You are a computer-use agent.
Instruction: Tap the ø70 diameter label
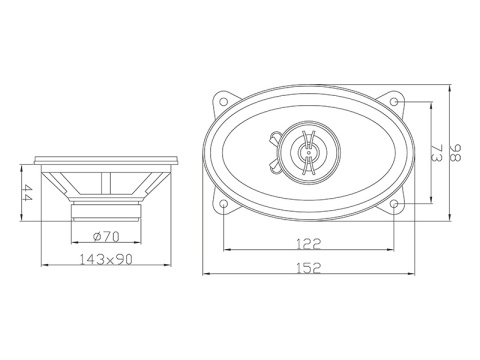point(107,237)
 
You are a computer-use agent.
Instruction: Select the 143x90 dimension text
point(108,260)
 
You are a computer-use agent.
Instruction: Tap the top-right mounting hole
point(397,101)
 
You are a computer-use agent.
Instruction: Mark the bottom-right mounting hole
point(397,203)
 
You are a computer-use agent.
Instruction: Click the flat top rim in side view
point(108,158)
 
